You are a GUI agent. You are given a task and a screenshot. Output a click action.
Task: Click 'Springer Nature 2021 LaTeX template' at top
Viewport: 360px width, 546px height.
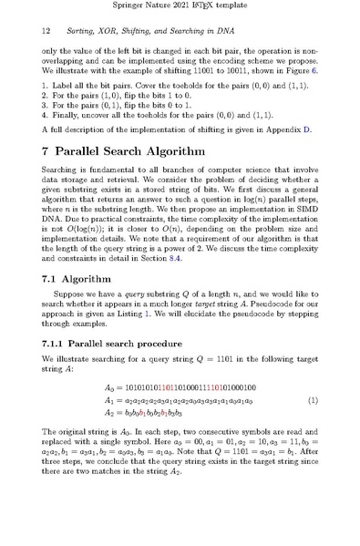(180, 7)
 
